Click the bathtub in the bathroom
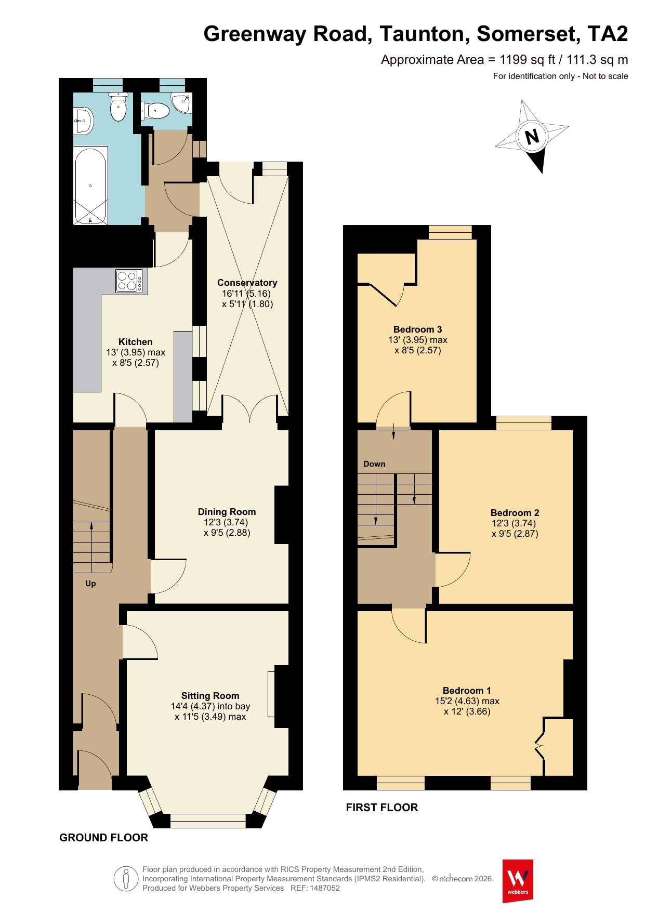click(91, 186)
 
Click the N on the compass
click(532, 137)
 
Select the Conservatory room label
click(247, 283)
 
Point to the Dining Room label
click(227, 512)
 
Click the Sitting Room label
click(210, 696)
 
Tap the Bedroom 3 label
click(417, 329)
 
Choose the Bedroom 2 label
click(515, 513)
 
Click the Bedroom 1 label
click(467, 691)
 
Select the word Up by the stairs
click(90, 584)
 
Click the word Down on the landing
click(374, 464)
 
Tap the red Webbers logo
click(518, 881)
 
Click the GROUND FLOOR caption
click(104, 838)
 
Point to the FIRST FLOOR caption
click(382, 808)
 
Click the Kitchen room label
click(135, 342)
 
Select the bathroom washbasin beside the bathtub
click(83, 121)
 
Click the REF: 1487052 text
click(315, 888)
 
